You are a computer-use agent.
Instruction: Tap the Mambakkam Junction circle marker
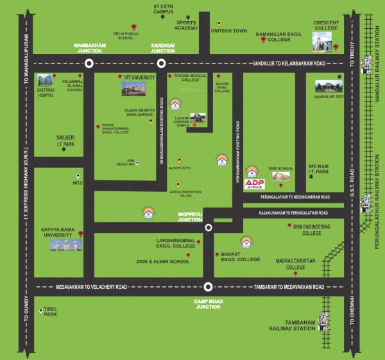tap(89, 63)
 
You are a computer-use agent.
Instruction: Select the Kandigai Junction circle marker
tap(160, 63)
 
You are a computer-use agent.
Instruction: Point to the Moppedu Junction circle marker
tap(209, 227)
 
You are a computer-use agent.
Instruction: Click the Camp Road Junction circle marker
tap(209, 286)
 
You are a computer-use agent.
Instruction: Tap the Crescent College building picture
tap(324, 42)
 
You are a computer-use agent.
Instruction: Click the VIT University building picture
tap(133, 89)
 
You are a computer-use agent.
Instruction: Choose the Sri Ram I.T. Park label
tap(318, 169)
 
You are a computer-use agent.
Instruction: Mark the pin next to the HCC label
tap(77, 175)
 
